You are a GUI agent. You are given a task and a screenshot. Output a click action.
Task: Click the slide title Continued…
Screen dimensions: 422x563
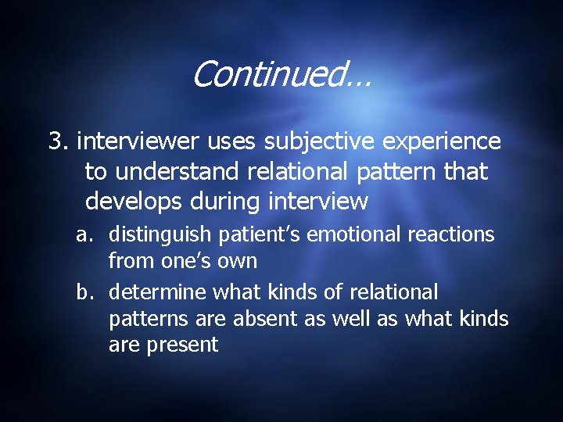pyautogui.click(x=281, y=75)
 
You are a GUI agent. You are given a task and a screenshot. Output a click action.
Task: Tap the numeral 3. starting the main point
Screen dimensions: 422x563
pyautogui.click(x=59, y=141)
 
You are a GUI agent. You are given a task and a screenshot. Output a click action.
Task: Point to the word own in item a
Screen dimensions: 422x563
pyautogui.click(x=238, y=261)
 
